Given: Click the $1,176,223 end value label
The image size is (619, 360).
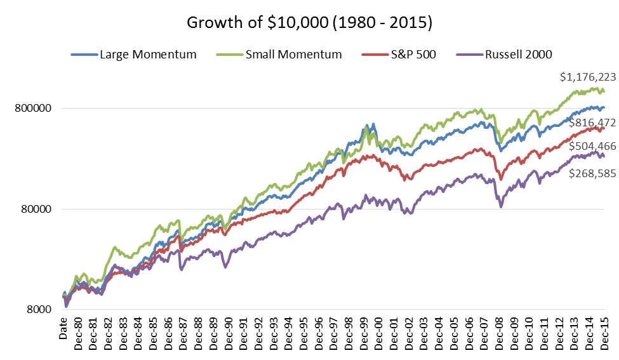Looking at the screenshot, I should click(x=587, y=77).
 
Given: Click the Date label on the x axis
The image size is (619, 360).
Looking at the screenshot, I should click(x=63, y=329).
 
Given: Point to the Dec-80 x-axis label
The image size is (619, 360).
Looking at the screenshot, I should click(x=79, y=334).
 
